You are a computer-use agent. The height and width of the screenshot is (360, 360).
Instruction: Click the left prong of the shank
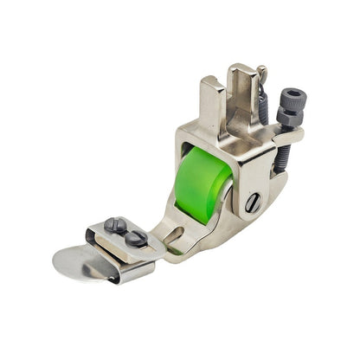coord(212,95)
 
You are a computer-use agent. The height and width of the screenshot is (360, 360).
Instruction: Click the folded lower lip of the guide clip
coord(130,273)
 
